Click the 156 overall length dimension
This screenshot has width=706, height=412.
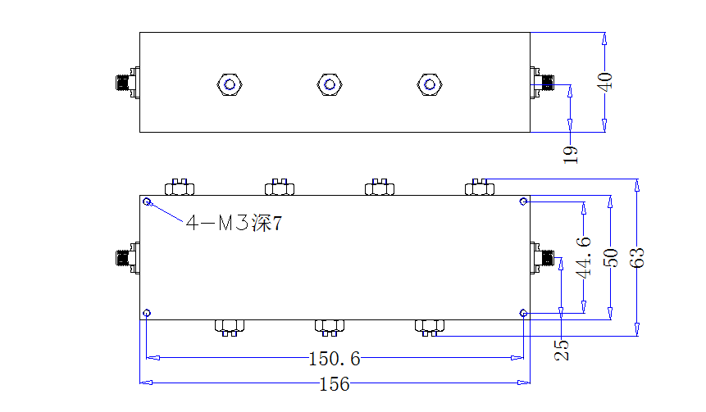click(334, 384)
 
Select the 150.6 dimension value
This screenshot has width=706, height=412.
click(335, 359)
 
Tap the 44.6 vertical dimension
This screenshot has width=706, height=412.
click(584, 257)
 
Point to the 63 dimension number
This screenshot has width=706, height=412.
click(637, 258)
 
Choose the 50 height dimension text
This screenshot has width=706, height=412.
click(611, 258)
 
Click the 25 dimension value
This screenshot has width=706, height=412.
click(562, 350)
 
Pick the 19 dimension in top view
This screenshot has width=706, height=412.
click(571, 155)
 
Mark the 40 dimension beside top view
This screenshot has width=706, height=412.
click(604, 82)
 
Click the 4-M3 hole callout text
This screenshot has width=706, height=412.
click(235, 223)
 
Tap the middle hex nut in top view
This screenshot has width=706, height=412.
click(330, 84)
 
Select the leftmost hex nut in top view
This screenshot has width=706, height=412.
click(230, 84)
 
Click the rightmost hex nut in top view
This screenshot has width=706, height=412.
click(430, 84)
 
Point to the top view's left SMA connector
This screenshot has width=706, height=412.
click(128, 82)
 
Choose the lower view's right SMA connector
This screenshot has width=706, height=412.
click(542, 258)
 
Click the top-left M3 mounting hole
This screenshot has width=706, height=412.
click(147, 201)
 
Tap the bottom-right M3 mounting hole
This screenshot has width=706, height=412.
click(523, 313)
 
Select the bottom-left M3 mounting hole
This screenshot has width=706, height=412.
click(147, 313)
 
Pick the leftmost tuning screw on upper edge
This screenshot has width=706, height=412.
click(180, 187)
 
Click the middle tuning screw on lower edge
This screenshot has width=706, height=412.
click(330, 328)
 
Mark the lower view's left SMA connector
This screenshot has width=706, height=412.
click(128, 258)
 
